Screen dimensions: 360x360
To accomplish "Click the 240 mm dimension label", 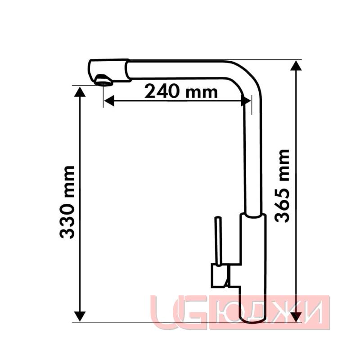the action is pyautogui.click(x=181, y=92).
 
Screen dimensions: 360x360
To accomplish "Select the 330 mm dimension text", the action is pyautogui.click(x=67, y=202).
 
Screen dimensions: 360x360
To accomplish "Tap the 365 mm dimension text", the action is pyautogui.click(x=282, y=186).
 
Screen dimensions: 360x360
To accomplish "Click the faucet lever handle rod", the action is pyautogui.click(x=218, y=241).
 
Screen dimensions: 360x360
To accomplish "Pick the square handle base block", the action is pyautogui.click(x=219, y=275).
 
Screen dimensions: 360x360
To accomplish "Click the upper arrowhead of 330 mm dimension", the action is pyautogui.click(x=80, y=92).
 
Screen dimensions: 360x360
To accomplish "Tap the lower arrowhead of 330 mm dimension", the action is pyautogui.click(x=80, y=316).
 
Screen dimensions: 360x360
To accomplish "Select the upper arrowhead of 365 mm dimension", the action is pyautogui.click(x=296, y=66).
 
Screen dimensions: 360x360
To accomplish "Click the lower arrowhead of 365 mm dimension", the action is pyautogui.click(x=296, y=317).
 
